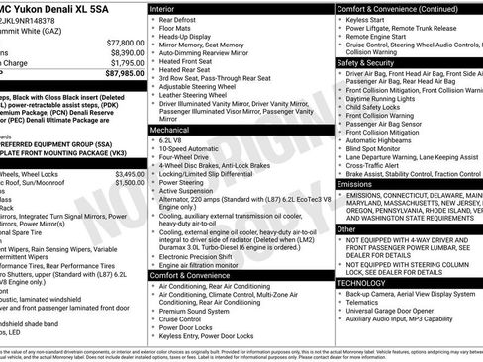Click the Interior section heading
pyautogui.click(x=163, y=8)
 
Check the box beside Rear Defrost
pyautogui.click(x=152, y=20)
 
